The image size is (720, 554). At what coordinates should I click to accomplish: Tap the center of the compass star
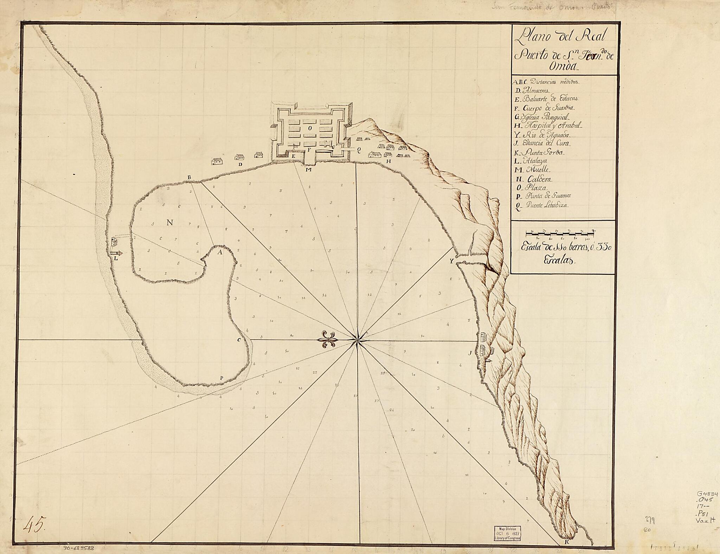point(358,340)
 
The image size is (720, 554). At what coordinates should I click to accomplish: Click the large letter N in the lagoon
point(170,222)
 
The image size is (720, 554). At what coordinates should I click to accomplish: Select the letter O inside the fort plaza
point(309,128)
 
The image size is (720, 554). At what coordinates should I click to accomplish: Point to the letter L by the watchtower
point(115,258)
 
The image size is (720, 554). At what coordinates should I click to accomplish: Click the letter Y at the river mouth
point(451,261)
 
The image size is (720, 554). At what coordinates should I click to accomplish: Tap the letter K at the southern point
point(567,542)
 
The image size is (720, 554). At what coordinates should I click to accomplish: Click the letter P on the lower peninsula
point(221,378)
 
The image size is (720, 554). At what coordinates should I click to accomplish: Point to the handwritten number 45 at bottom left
point(34,526)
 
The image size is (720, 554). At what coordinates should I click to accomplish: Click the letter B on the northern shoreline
point(189,177)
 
